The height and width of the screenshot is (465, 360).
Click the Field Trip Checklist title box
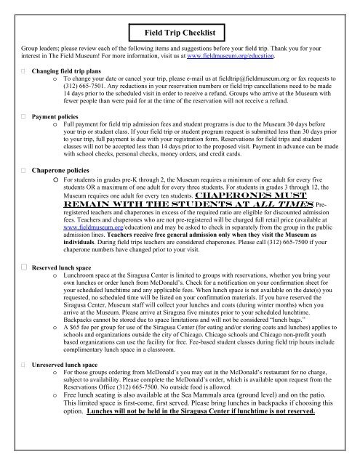[x=180, y=34]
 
